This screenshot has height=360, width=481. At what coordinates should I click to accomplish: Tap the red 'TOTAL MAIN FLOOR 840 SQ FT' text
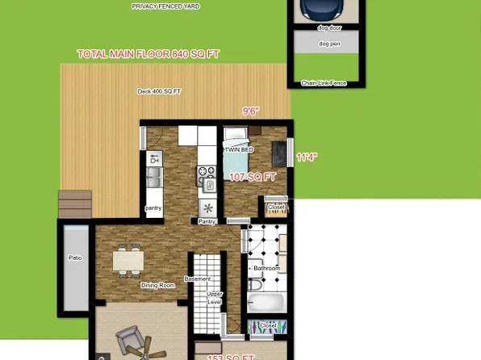tap(148, 54)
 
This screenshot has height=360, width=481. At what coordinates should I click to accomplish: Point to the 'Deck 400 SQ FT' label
tap(158, 92)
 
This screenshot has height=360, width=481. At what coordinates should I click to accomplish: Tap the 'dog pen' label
tap(327, 44)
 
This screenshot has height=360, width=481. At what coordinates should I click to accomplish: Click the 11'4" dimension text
tap(307, 157)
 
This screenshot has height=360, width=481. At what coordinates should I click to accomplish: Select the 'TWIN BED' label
tap(239, 149)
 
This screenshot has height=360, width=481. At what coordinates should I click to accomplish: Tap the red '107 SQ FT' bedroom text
tap(253, 176)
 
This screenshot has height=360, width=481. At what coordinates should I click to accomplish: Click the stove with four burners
tap(205, 171)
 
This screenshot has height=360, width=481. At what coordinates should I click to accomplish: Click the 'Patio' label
tap(75, 259)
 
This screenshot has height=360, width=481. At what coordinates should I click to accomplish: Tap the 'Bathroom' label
tap(266, 268)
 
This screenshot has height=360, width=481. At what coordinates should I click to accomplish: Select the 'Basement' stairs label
tap(197, 279)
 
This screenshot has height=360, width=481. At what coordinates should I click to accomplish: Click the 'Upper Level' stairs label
tap(214, 298)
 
